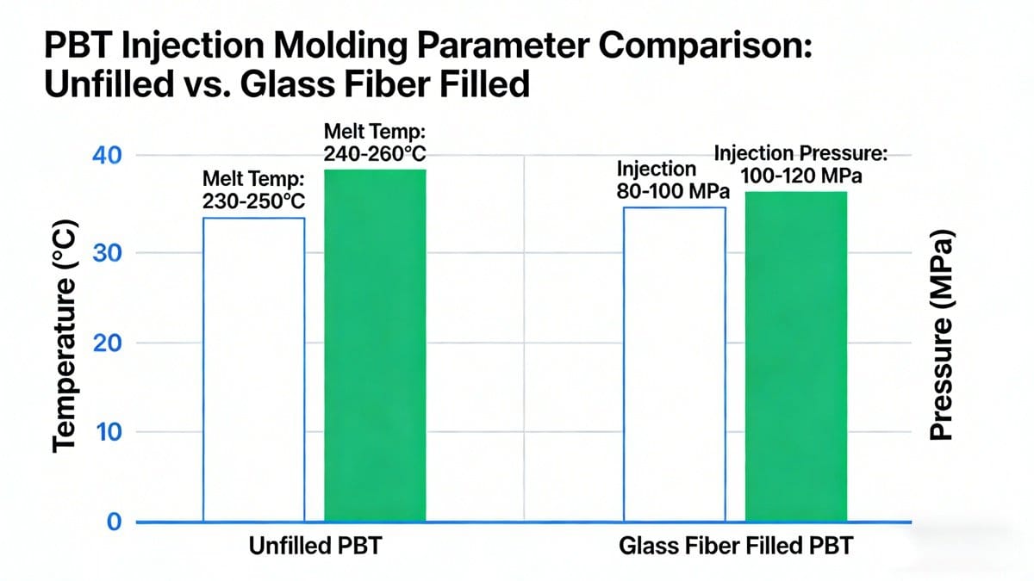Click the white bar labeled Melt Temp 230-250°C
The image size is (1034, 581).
253,370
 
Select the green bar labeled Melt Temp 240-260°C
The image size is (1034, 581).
375,344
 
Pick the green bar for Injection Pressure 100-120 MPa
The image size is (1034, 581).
795,356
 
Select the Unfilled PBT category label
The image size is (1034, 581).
314,548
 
